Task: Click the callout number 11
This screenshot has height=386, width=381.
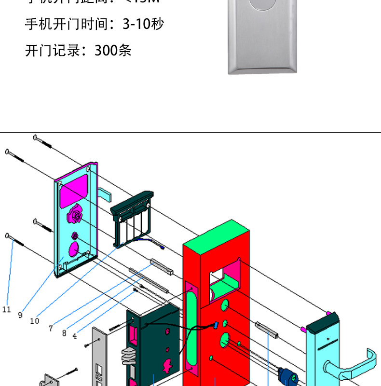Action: [6, 309]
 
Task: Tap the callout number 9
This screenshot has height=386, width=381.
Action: [20, 315]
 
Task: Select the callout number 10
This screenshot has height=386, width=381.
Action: [34, 320]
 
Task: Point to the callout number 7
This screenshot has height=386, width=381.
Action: [51, 328]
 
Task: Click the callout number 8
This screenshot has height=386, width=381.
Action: [64, 333]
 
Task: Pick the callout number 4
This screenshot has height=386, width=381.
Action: [74, 337]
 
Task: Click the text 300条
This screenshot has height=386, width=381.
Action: [113, 50]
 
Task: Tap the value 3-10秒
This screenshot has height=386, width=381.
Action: [143, 24]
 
